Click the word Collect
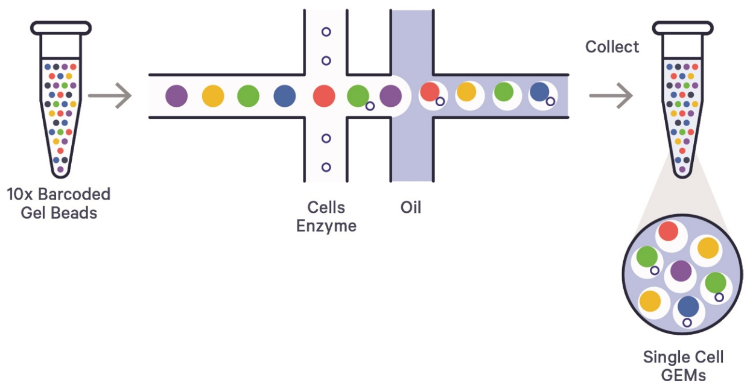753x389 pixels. click(612, 47)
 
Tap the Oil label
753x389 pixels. click(410, 207)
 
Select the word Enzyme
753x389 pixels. click(326, 226)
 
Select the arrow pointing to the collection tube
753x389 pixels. click(610, 96)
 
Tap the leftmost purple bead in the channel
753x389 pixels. click(176, 96)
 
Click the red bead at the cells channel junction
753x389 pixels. click(324, 96)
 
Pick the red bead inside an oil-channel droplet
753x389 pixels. click(430, 92)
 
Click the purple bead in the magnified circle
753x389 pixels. click(681, 271)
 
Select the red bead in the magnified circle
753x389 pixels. click(668, 232)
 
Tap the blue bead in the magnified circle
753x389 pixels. click(688, 307)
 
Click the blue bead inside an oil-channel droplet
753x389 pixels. click(539, 92)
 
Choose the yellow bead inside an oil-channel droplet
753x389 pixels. click(466, 92)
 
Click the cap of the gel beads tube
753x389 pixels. click(61, 27)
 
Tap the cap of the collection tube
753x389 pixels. click(682, 27)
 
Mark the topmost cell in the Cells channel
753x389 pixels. click(326, 31)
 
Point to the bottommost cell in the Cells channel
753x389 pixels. click(326, 167)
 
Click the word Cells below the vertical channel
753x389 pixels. click(326, 207)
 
